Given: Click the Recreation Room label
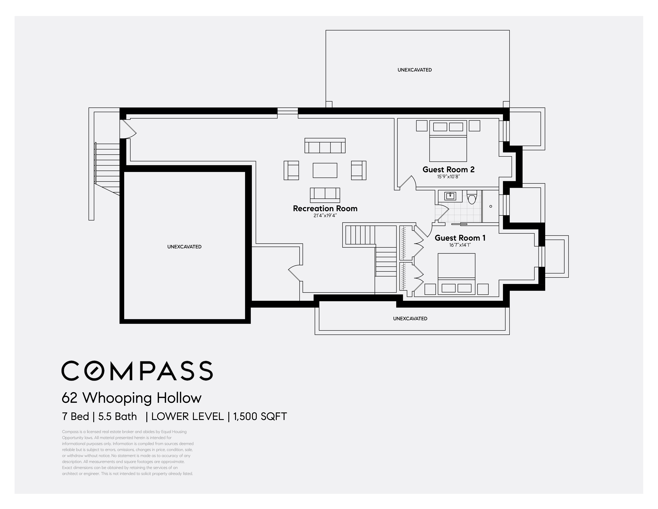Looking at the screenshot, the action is point(325,208).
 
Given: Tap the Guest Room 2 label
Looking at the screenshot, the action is point(448,169).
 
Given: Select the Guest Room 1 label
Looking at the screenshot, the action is point(460,238).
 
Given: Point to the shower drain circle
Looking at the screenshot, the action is point(491,206).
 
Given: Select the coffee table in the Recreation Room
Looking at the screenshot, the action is point(325,170).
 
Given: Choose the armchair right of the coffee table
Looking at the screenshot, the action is point(359,170).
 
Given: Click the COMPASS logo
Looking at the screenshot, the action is point(137,371).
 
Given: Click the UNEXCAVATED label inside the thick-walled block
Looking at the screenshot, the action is point(184,247).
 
